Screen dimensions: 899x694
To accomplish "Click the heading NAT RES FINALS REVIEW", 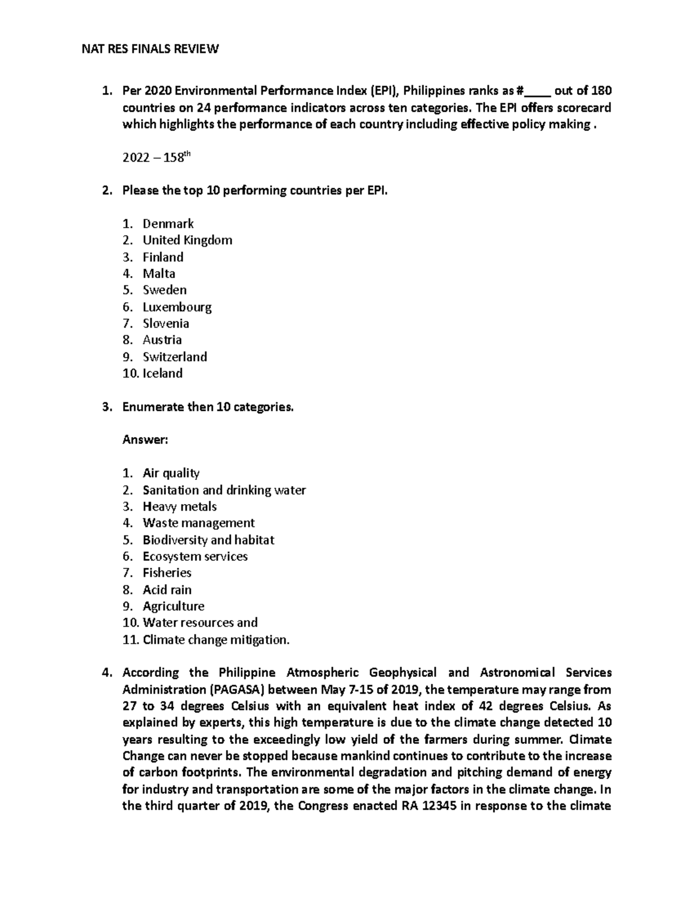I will click(150, 49).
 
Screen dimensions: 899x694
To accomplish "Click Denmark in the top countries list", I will click(168, 223).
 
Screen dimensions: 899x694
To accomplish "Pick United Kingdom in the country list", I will click(187, 240).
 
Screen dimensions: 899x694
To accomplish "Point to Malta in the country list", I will click(159, 273).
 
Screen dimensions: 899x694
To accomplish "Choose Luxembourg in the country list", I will click(177, 307).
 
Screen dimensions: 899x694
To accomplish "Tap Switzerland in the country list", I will click(175, 357).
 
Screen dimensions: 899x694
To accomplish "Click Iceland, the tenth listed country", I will click(163, 373).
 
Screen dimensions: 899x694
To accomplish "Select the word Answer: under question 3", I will click(145, 440).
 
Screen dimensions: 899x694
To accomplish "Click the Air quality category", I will click(171, 474).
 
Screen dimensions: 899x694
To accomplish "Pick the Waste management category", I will click(198, 523).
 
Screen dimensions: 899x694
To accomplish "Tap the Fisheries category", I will click(167, 573).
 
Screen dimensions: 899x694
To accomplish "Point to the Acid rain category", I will click(167, 590).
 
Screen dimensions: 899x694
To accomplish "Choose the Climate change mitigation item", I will click(216, 640).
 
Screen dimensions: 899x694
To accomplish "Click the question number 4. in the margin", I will click(106, 673).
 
